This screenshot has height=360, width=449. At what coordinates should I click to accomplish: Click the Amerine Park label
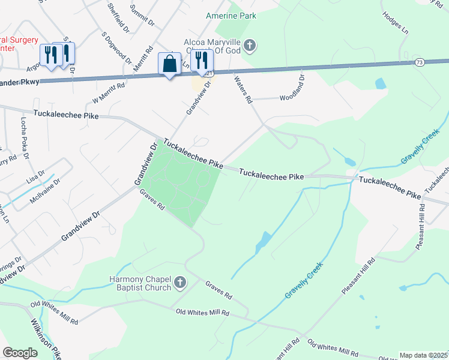[x=231, y=15]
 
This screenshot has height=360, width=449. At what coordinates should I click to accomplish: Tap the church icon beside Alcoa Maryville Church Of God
[x=250, y=45]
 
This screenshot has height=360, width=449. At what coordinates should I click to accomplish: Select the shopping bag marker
[x=169, y=64]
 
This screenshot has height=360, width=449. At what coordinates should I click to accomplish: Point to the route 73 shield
[x=420, y=62]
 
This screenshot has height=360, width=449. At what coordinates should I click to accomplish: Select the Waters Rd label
[x=243, y=91]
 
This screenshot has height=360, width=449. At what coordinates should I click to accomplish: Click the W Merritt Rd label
[x=109, y=94]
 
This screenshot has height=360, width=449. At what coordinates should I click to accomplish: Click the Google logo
[x=20, y=353]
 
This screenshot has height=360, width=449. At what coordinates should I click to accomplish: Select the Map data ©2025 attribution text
[x=423, y=355]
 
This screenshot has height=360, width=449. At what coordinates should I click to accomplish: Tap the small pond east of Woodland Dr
[x=380, y=83]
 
